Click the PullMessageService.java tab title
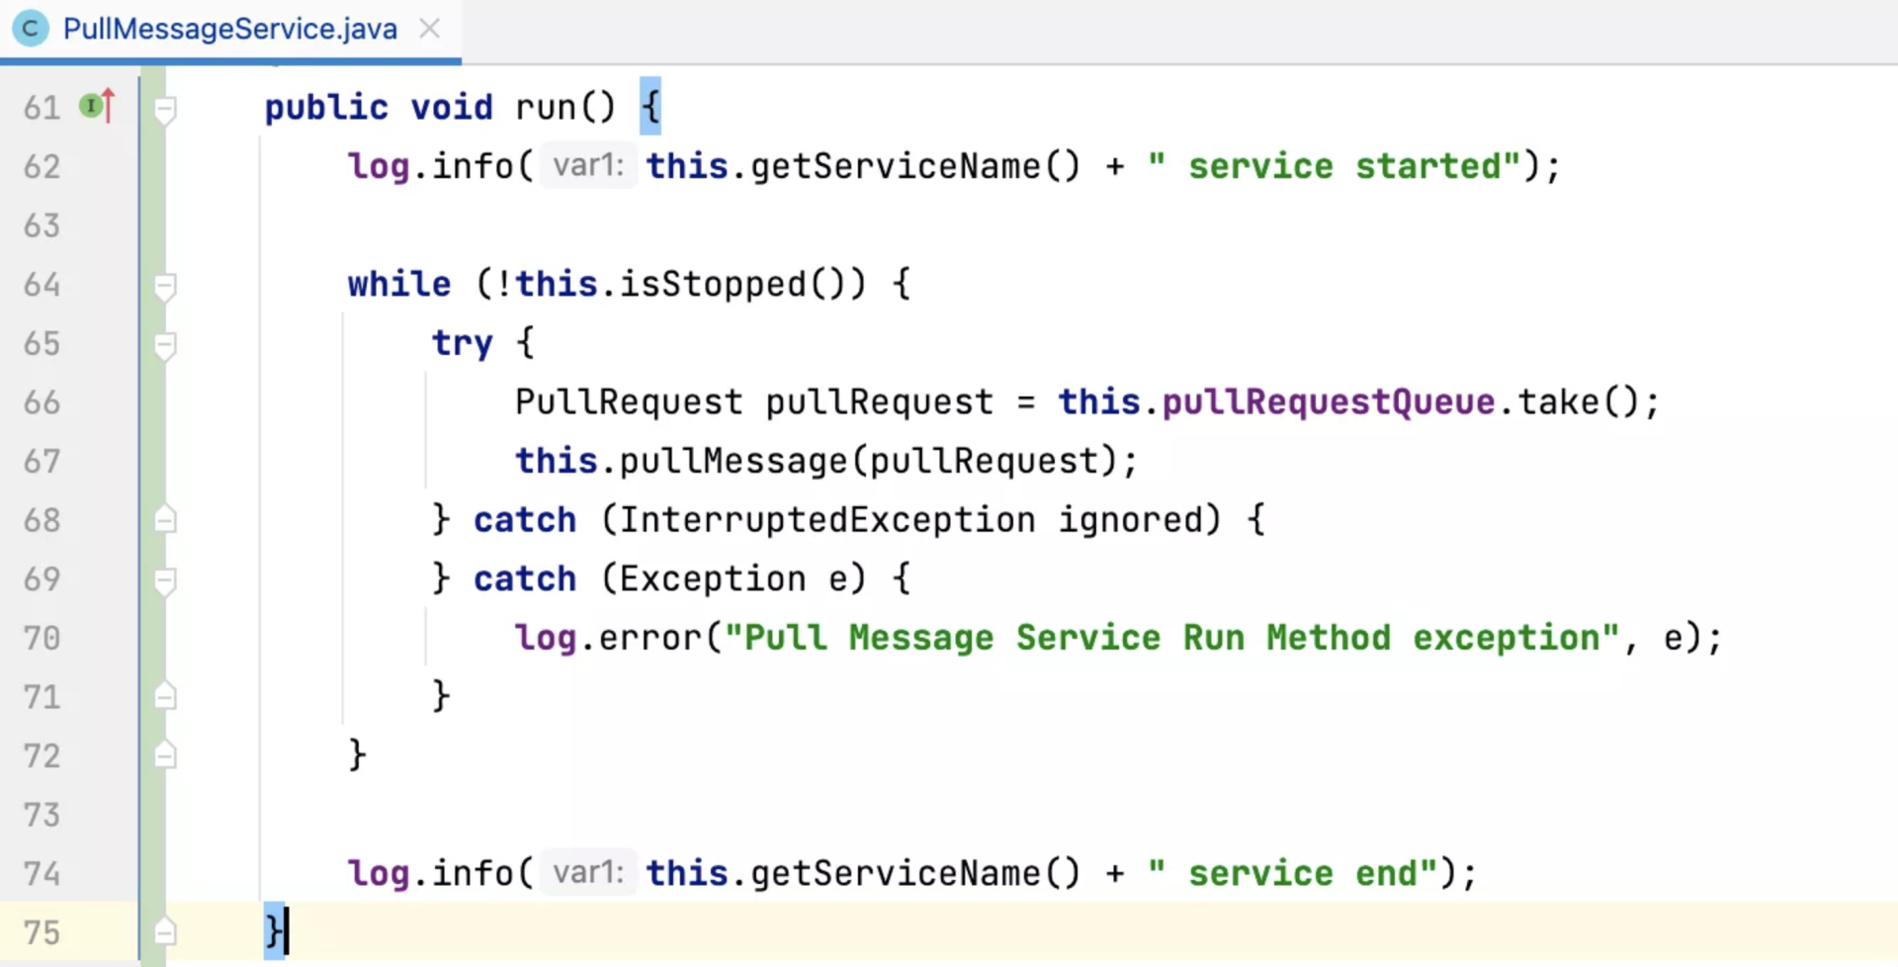[x=229, y=29]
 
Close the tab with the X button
[x=429, y=29]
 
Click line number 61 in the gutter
[x=42, y=107]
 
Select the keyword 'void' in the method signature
[x=451, y=107]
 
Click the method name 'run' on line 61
[x=545, y=107]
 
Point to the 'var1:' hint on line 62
[x=588, y=165]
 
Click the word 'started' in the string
[x=1427, y=166]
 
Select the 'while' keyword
[x=398, y=285]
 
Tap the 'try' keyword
[x=462, y=343]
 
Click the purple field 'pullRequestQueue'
[x=1328, y=402]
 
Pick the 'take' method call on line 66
[x=1558, y=402]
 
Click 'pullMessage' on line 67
[x=733, y=461]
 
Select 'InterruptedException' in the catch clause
[x=826, y=520]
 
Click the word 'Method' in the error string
[x=1328, y=638]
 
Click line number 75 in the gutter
[x=42, y=932]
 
